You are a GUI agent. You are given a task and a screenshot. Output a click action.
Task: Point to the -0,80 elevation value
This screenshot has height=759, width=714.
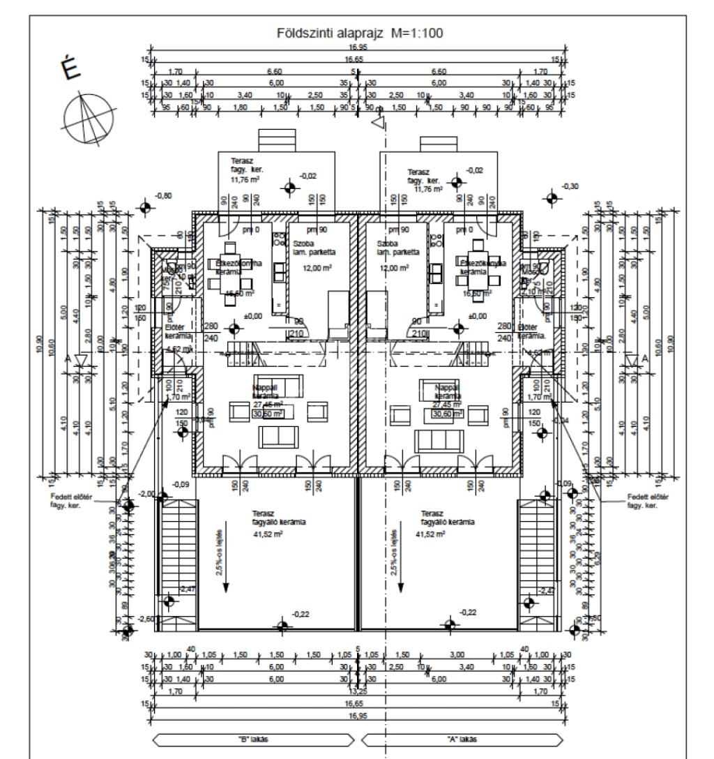162,196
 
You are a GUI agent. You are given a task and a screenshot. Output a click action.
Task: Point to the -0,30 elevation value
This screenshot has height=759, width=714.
570,187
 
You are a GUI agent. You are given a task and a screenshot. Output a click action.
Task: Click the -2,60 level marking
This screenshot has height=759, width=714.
146,619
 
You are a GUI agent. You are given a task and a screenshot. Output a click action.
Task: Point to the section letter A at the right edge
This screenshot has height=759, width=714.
645,359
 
